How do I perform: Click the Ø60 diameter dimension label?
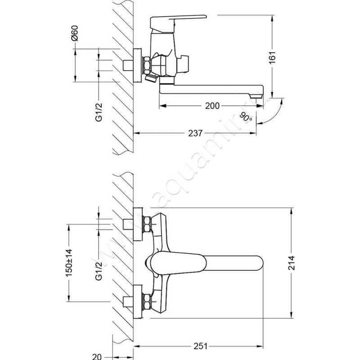(x=75, y=33)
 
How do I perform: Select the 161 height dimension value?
(x=272, y=58)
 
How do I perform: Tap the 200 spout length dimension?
(x=212, y=106)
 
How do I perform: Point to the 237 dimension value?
(x=195, y=133)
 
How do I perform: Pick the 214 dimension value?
(x=292, y=263)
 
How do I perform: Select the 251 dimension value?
(x=200, y=346)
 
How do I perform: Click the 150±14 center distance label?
(x=69, y=263)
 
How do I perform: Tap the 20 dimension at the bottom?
(x=97, y=356)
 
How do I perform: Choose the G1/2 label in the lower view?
(x=99, y=271)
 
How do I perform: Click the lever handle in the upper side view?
(x=178, y=21)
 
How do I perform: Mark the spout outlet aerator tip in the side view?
(x=256, y=96)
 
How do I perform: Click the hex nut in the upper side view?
(x=147, y=65)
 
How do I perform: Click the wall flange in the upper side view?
(x=138, y=65)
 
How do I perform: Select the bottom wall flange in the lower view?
(x=138, y=301)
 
